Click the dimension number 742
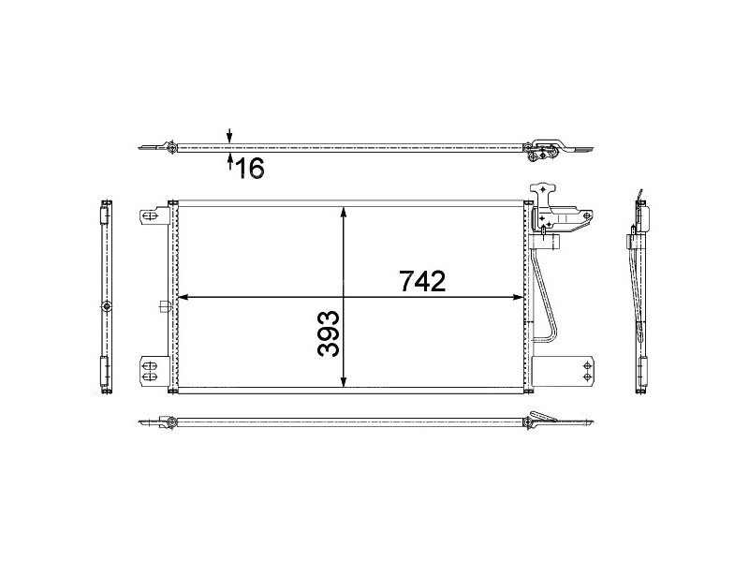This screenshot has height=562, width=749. coord(421,280)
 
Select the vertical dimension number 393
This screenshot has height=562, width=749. coord(328,333)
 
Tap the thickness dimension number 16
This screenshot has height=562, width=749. coord(250,168)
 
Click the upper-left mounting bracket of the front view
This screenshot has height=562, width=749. coord(150,216)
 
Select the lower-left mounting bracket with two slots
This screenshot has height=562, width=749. coord(150,370)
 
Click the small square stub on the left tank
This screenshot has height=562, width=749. coord(164,305)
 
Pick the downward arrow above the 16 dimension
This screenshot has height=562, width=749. coord(230,137)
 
